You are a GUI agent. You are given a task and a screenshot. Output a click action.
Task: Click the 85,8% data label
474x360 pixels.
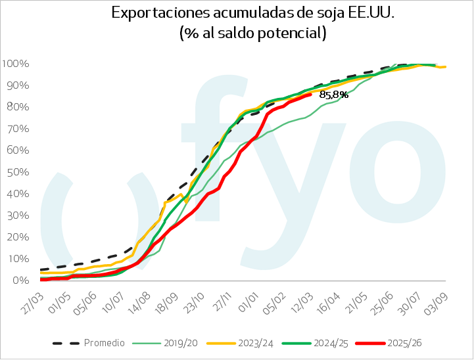click(x=333, y=95)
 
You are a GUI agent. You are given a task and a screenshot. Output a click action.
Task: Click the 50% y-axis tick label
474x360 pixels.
click(x=17, y=172)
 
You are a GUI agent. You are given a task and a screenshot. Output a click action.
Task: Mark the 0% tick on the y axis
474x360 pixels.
click(x=20, y=281)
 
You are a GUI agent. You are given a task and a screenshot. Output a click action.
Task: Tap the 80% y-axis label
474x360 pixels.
click(x=17, y=107)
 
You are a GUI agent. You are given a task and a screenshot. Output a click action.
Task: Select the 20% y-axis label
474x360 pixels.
click(x=17, y=237)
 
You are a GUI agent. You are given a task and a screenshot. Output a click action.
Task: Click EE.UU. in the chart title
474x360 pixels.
click(x=371, y=13)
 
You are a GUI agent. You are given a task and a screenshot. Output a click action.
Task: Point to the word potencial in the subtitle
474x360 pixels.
click(x=290, y=33)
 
